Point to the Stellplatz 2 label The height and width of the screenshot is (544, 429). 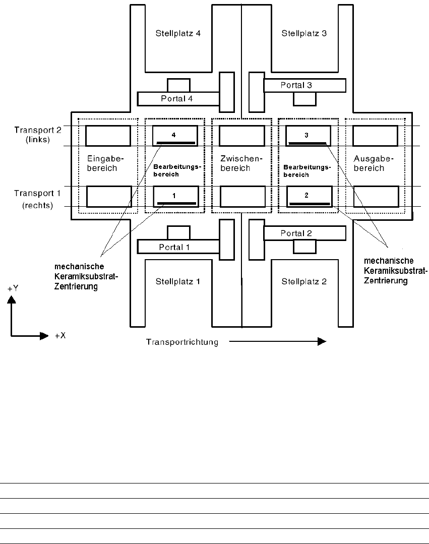pos(304,281)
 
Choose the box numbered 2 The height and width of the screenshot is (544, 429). pos(308,197)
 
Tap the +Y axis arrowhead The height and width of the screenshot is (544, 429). pos(13,299)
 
